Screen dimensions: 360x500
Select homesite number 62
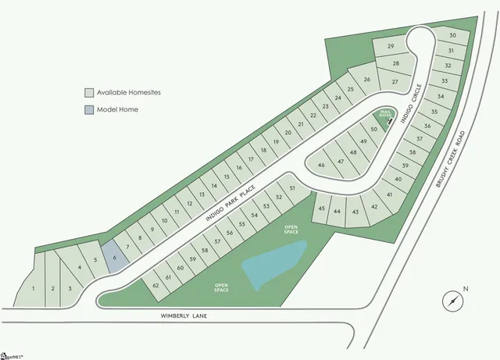pyautogui.click(x=156, y=286)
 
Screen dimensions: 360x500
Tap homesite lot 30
pyautogui.click(x=452, y=36)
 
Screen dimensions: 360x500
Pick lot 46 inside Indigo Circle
pyautogui.click(x=320, y=166)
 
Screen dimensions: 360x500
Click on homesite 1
pyautogui.click(x=34, y=288)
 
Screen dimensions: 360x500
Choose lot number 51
pyautogui.click(x=292, y=189)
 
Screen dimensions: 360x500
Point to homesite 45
pyautogui.click(x=321, y=210)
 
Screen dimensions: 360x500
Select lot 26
pyautogui.click(x=366, y=79)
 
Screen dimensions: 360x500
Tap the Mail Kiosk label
pyautogui.click(x=384, y=113)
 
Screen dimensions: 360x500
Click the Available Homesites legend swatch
pyautogui.click(x=90, y=92)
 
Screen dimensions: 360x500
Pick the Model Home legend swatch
pyautogui.click(x=90, y=109)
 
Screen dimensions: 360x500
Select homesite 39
pyautogui.click(x=405, y=166)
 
